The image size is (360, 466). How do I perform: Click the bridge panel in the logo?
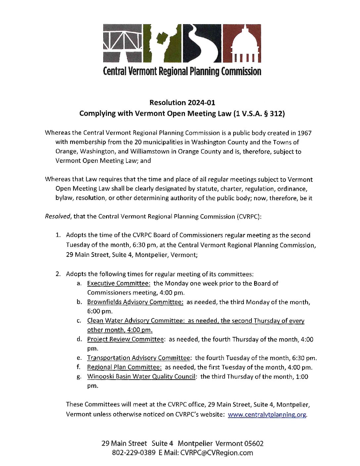(x=123, y=43)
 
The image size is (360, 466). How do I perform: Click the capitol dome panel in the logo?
(x=242, y=43)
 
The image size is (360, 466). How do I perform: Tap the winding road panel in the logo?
(x=202, y=43)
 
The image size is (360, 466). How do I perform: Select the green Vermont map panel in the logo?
(x=162, y=43)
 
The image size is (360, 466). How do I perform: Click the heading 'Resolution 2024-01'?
(x=182, y=103)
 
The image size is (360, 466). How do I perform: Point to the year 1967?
(x=304, y=133)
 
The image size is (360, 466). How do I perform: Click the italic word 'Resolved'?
(x=58, y=216)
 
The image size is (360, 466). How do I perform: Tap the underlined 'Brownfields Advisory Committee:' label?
(x=135, y=302)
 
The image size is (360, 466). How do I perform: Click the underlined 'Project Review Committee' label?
(x=125, y=339)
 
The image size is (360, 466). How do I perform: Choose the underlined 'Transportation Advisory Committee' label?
(x=138, y=358)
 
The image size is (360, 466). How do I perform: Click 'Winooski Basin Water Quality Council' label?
(x=142, y=376)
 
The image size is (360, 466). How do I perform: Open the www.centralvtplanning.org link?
(x=267, y=414)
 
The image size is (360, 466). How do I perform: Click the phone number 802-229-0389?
(x=134, y=453)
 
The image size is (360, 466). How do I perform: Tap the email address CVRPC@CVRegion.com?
(x=216, y=453)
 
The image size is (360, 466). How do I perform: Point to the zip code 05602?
(x=254, y=443)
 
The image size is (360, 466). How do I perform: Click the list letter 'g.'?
(x=79, y=377)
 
